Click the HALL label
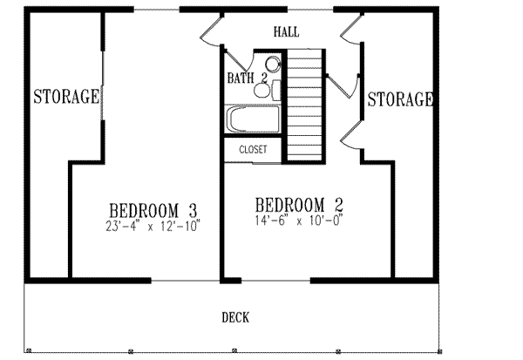click(286, 31)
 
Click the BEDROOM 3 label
click(153, 211)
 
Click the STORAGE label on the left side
click(65, 97)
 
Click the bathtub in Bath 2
click(254, 119)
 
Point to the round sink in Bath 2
click(273, 64)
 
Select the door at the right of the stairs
click(343, 85)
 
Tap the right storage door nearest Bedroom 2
click(352, 133)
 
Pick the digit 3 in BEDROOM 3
click(192, 211)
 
